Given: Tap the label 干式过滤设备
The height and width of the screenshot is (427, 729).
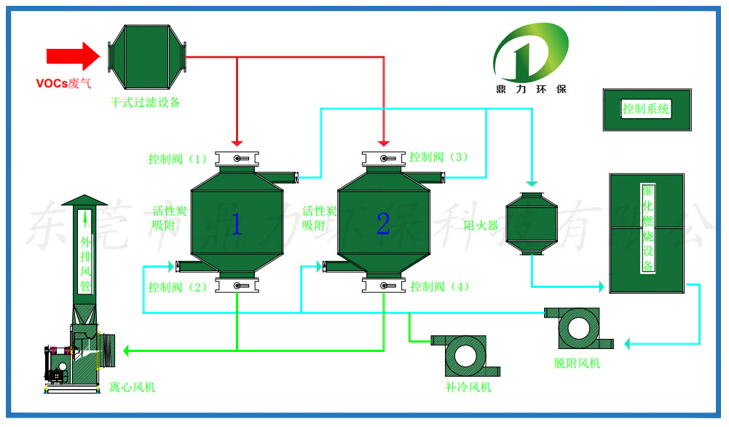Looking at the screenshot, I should coord(145,102).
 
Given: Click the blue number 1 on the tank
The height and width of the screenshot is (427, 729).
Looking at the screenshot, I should coord(236,224).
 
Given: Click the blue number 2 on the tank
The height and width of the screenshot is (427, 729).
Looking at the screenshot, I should coord(383,224).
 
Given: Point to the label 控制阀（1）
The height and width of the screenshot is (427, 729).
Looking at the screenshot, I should coord(178,159).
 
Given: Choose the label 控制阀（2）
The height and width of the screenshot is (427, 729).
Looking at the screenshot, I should coord(178,287).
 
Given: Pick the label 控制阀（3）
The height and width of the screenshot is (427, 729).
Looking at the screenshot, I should coord(438,157).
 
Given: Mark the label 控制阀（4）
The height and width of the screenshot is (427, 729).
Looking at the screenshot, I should coord(439,286).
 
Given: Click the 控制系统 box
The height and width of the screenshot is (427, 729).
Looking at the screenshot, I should coord(647,110).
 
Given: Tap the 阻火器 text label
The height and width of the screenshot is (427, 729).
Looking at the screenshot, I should coord(481,225).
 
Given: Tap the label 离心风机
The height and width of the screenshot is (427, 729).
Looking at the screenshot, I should coord(133,388).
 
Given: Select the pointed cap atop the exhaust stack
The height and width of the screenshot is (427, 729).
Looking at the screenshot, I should coord(84,200).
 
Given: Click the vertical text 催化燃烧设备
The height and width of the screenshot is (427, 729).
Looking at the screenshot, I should coord(647,227).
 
